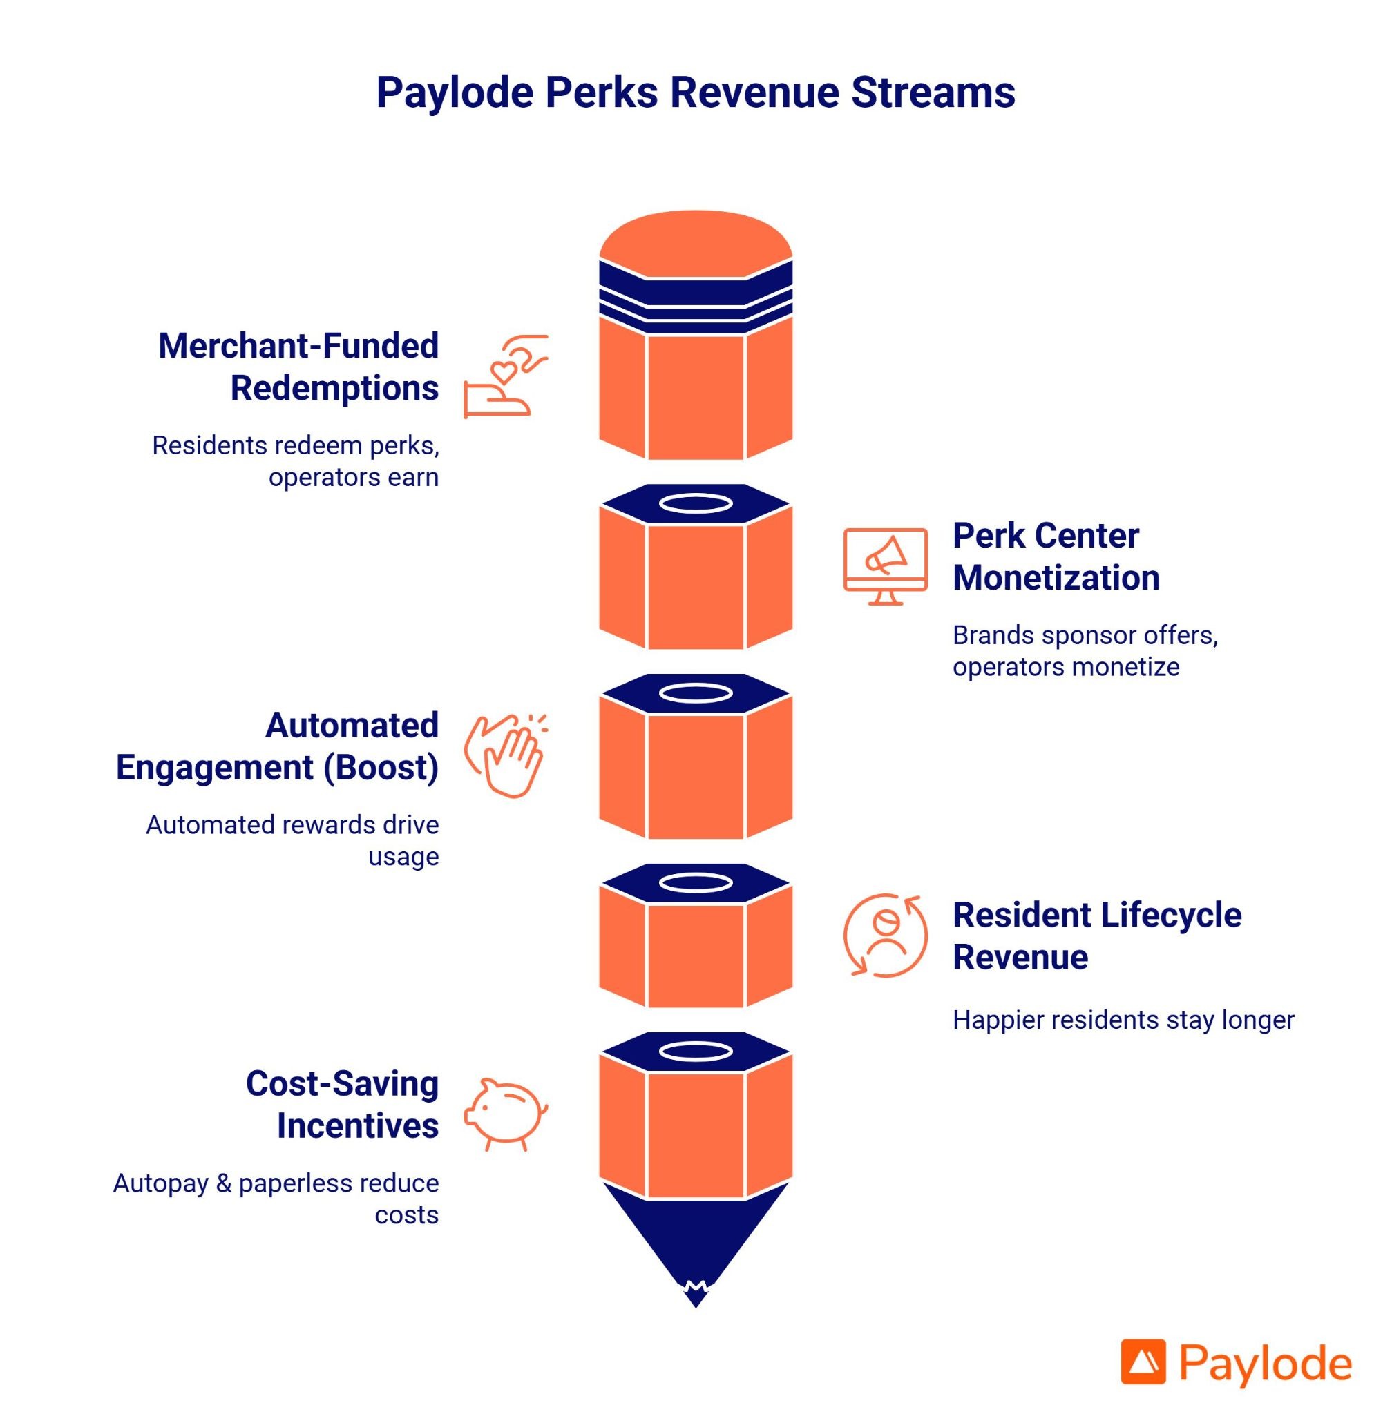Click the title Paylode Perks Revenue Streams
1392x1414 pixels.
coord(695,93)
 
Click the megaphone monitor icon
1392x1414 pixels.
coord(886,565)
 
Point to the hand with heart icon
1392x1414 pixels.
coord(506,376)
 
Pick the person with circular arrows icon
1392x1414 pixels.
coord(886,935)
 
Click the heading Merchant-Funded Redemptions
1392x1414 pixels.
coord(298,367)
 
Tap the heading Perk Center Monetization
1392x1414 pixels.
coord(1056,556)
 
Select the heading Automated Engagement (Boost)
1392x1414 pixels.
coord(278,746)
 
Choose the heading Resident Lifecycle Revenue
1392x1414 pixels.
coord(1096,936)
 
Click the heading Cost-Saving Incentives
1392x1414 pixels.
coord(342,1104)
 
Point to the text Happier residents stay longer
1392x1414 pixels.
coord(1123,1019)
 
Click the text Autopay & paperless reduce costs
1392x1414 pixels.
coord(276,1199)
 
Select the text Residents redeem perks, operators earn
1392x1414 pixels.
coord(296,461)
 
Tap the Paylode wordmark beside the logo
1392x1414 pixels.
coord(1265,1364)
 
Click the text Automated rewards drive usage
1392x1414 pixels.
coord(292,840)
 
